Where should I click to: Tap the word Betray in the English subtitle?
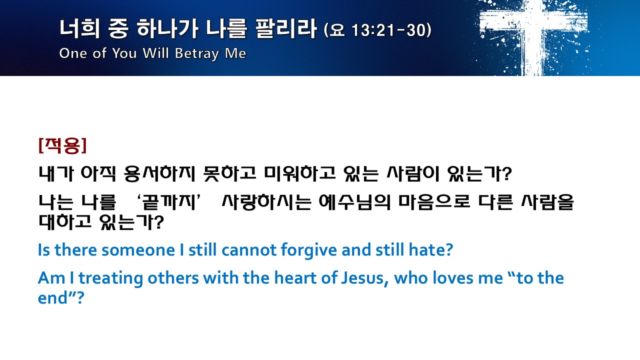(x=197, y=53)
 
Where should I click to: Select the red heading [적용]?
(x=62, y=145)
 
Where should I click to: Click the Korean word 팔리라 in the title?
(x=285, y=28)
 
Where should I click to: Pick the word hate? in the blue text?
(x=431, y=250)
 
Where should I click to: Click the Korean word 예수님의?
(x=354, y=202)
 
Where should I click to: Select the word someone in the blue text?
(x=138, y=250)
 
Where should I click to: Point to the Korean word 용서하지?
(x=159, y=173)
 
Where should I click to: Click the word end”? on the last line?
(x=61, y=298)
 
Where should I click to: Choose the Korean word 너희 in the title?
(x=79, y=28)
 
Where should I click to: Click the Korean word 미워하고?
(x=299, y=173)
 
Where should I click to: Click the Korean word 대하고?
(x=65, y=221)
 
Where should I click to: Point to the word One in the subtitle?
(x=73, y=53)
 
